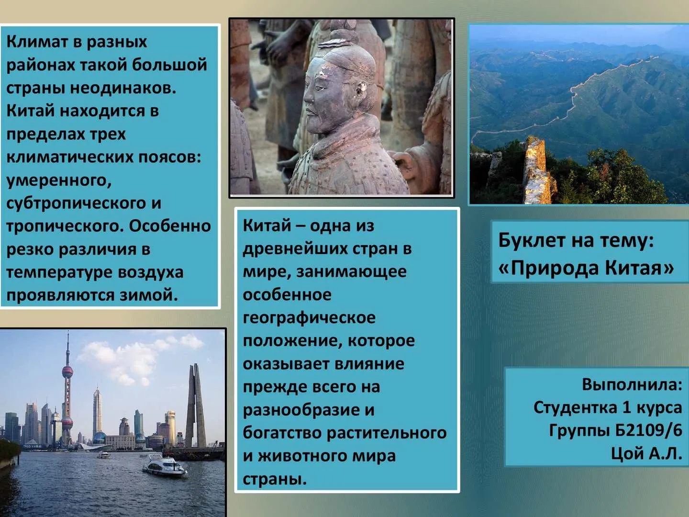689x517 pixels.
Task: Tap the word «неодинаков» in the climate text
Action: point(123,88)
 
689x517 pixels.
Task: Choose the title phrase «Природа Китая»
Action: point(586,268)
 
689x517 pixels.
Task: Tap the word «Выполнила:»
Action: point(632,384)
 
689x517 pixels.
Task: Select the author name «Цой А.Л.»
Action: point(646,453)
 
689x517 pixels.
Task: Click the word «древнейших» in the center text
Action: point(295,248)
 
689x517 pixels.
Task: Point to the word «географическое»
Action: point(309,318)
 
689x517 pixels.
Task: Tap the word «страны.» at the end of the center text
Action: point(275,479)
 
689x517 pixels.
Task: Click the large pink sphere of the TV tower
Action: point(67,372)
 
